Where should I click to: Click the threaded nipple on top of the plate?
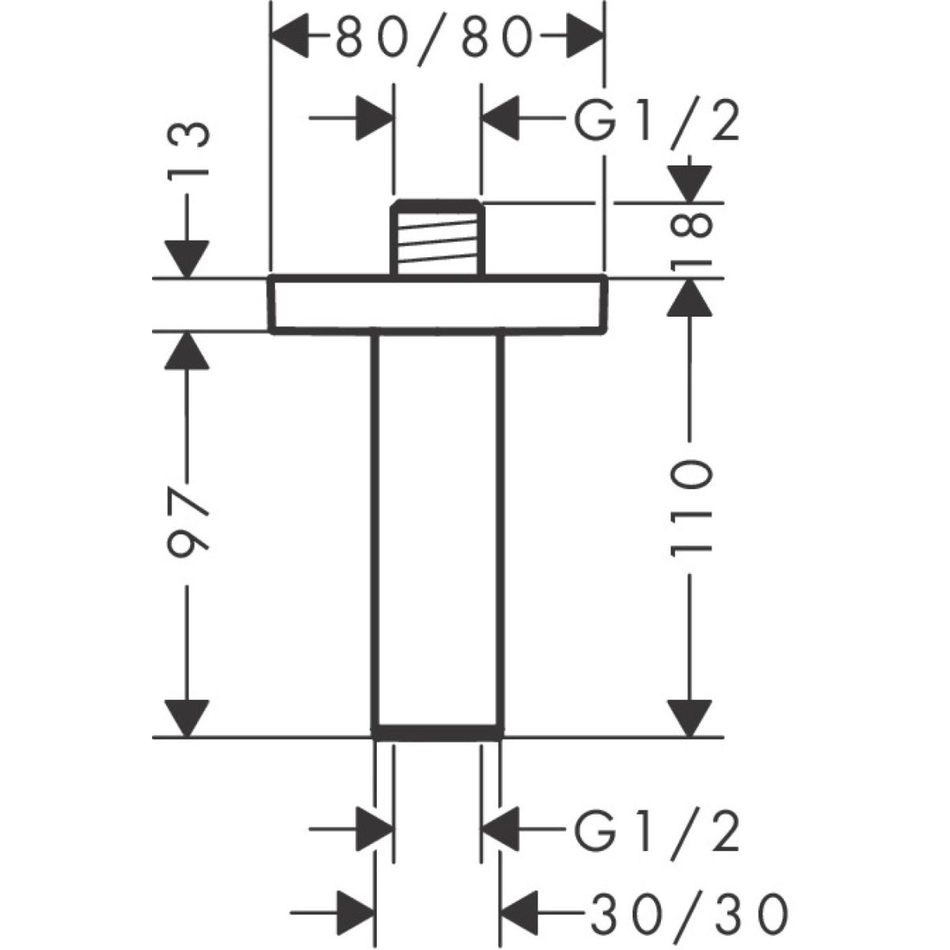(437, 238)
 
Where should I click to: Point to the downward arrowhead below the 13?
(188, 259)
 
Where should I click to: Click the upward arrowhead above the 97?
(188, 350)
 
